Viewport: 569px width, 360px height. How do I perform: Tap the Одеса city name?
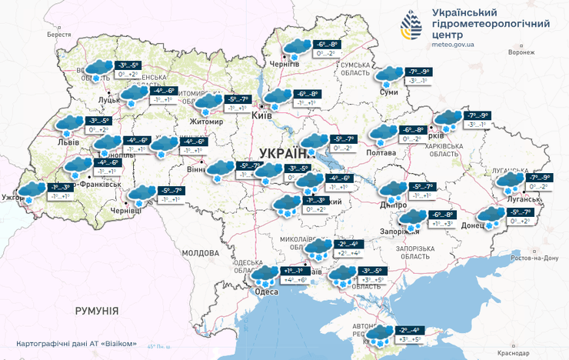click(265, 292)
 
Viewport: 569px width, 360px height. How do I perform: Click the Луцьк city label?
click(108, 100)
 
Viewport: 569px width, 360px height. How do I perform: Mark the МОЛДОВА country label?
click(201, 252)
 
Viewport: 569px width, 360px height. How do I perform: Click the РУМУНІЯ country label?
click(97, 311)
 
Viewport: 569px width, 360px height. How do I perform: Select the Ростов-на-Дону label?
click(530, 257)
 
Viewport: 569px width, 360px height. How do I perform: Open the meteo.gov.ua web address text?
click(453, 45)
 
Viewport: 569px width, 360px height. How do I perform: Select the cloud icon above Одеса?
click(267, 275)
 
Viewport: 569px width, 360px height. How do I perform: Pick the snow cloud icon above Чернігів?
click(294, 48)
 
